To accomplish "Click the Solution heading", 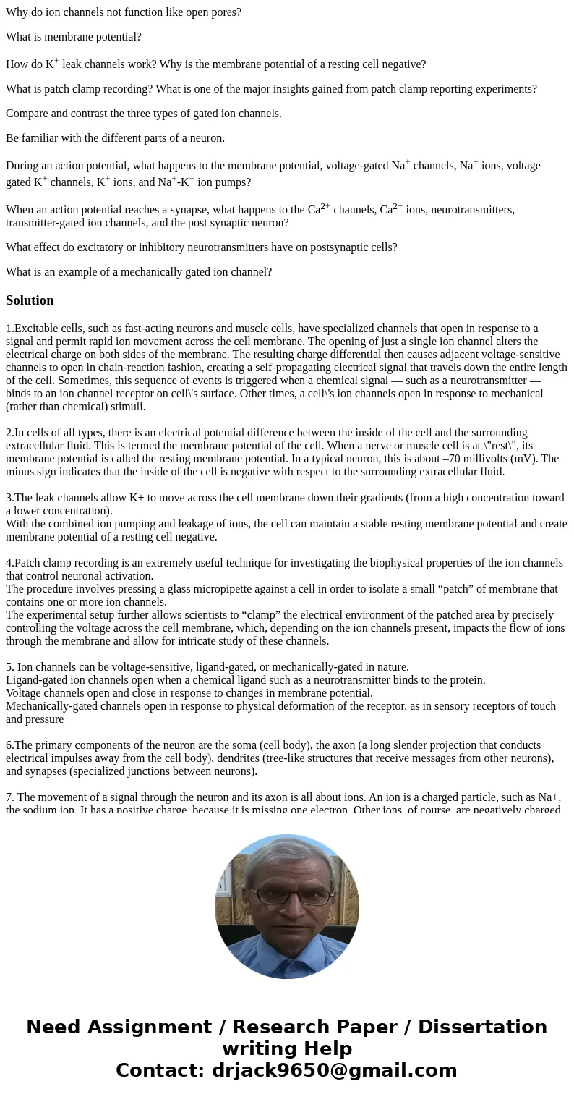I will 30,300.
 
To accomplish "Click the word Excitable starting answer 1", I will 38,329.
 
